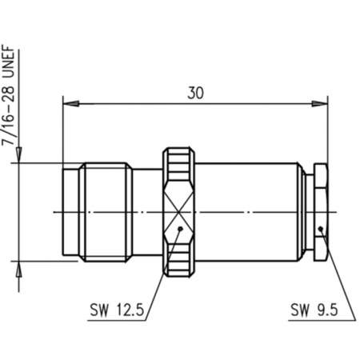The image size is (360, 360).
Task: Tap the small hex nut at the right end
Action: coord(321,211)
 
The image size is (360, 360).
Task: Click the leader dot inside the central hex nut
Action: coord(182,230)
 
